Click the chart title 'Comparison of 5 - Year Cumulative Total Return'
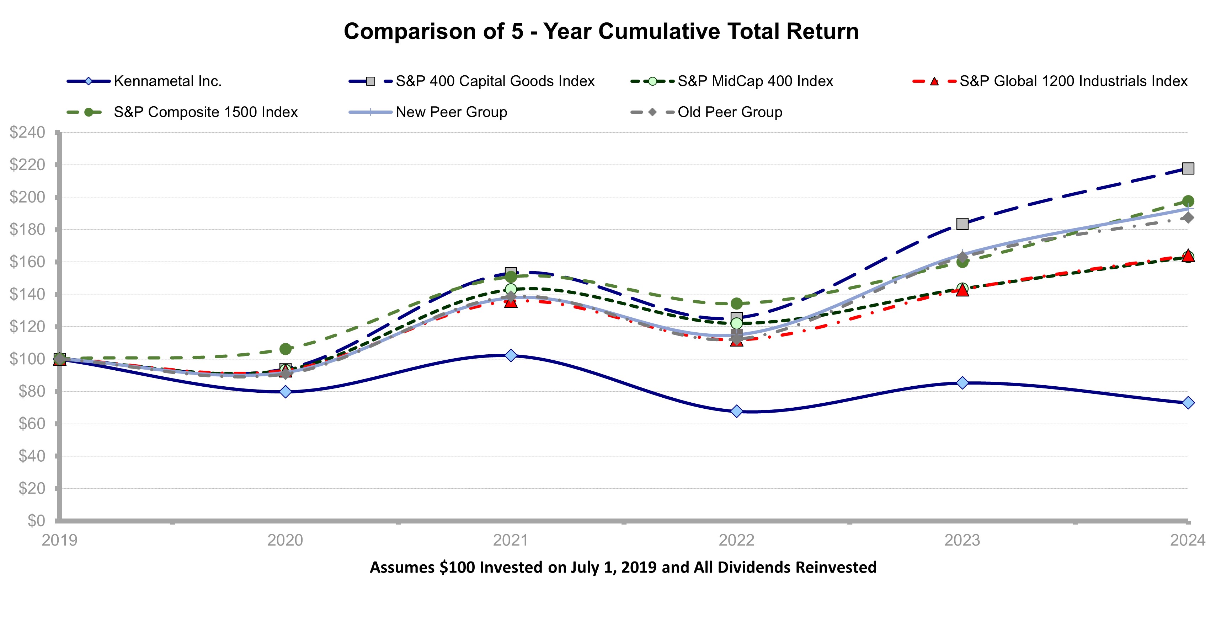tap(601, 32)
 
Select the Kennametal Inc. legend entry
tap(167, 81)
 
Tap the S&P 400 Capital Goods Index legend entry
tap(494, 81)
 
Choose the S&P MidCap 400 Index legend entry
tap(755, 81)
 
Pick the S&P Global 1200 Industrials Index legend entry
tap(1073, 81)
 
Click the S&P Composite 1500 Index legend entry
tap(206, 112)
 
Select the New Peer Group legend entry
tap(451, 112)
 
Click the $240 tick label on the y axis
tap(27, 133)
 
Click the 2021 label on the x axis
tap(510, 540)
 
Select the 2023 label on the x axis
tap(962, 540)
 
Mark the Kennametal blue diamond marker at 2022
tap(736, 412)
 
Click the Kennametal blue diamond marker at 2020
tap(285, 392)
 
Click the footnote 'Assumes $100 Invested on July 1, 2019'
tap(623, 567)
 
